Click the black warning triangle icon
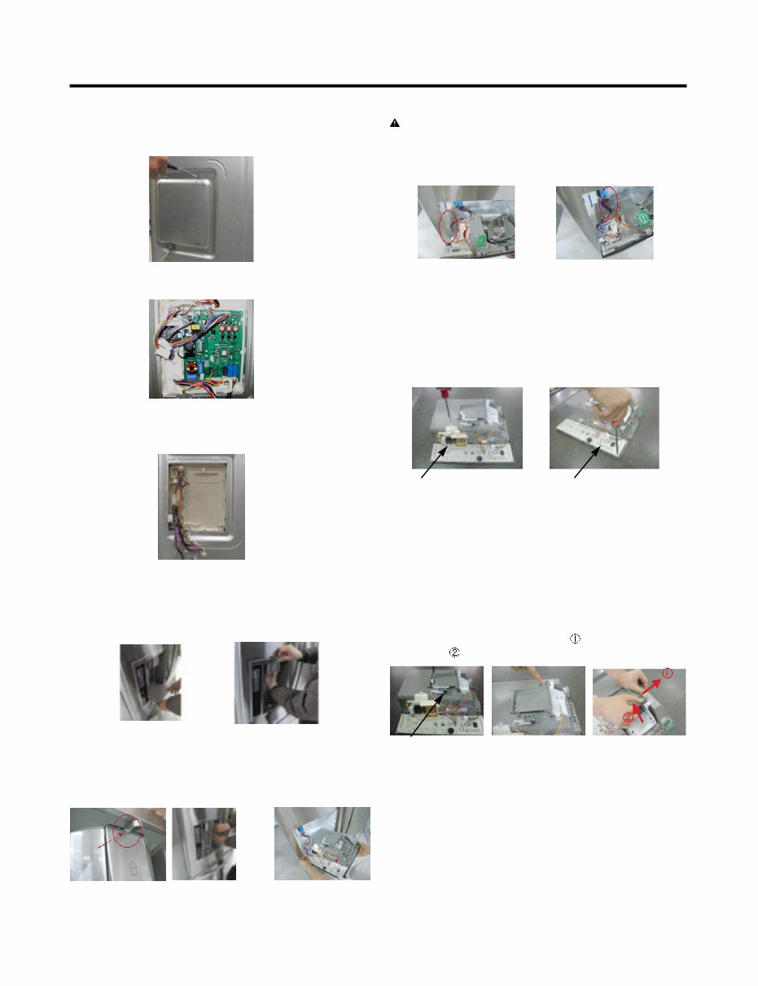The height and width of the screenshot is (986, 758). pos(394,123)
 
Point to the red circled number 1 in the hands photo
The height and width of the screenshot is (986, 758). pos(667,674)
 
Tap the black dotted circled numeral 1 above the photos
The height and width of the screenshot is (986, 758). pos(575,639)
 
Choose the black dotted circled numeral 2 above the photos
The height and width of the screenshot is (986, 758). pos(453,652)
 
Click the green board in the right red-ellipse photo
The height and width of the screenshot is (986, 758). pos(642,220)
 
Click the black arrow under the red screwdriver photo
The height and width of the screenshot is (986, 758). pos(435,462)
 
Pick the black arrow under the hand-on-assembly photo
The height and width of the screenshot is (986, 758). pos(588,462)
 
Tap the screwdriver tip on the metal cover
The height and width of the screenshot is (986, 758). pos(195,175)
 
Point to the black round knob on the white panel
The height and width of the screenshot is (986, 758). pos(480,459)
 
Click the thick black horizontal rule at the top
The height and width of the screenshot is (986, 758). pos(378,85)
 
